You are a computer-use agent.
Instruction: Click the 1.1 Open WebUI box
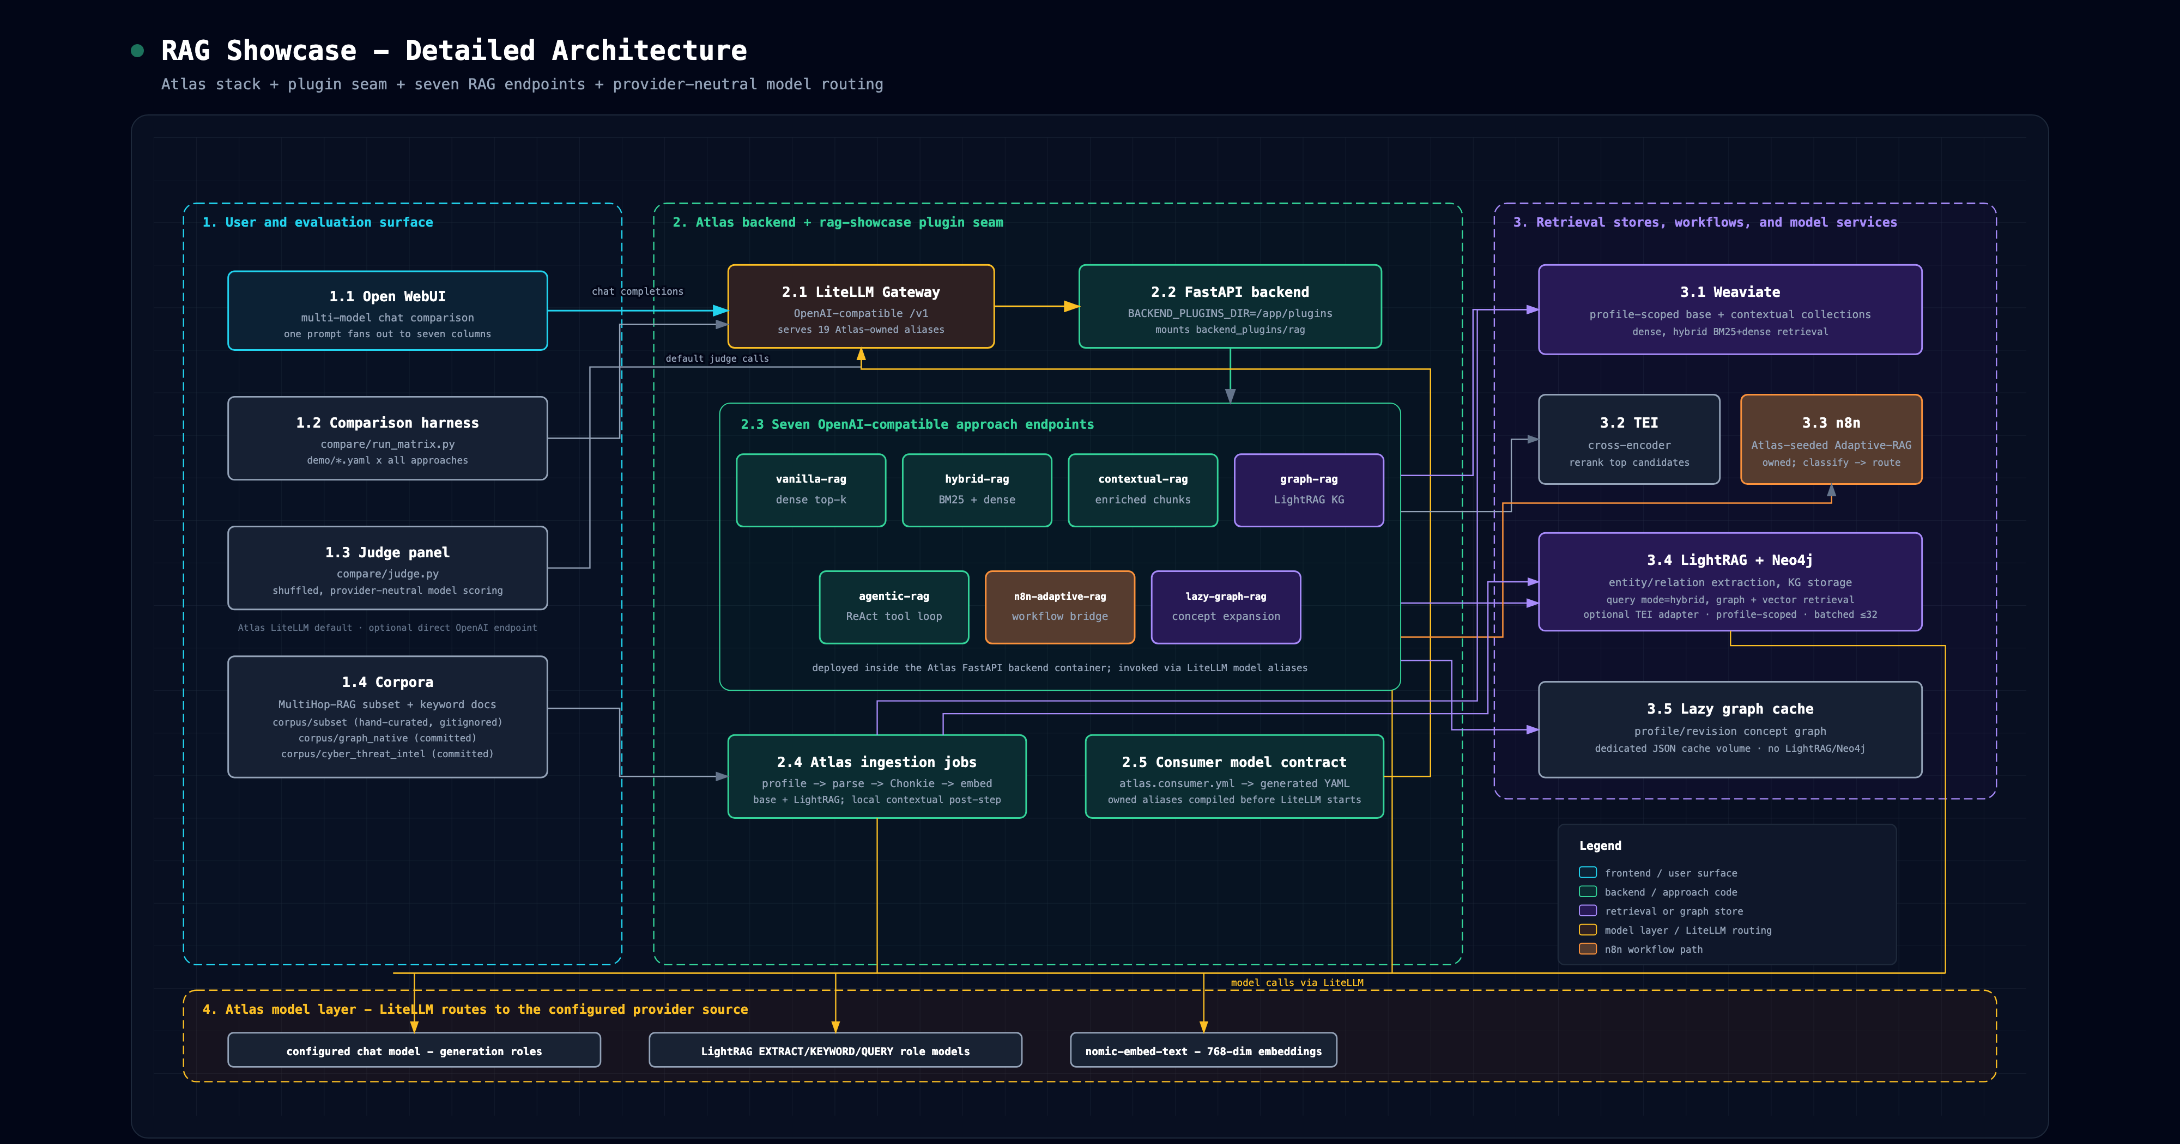click(387, 311)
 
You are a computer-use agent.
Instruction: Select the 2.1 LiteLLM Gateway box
click(861, 306)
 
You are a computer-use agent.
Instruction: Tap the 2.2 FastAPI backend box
click(1230, 306)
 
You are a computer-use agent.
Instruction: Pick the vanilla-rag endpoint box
click(811, 490)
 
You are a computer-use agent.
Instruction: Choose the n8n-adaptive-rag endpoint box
click(1059, 607)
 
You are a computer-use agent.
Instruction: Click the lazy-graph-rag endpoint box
click(1225, 607)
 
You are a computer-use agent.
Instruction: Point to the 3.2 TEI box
click(1629, 439)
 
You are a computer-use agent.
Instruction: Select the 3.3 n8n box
click(1831, 439)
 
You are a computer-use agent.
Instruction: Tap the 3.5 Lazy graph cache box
click(1730, 729)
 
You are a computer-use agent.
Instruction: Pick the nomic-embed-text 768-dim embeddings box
click(1203, 1050)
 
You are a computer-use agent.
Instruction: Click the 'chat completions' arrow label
click(637, 291)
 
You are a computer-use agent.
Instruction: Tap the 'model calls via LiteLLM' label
click(1297, 982)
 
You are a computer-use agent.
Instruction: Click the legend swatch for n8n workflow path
click(1588, 948)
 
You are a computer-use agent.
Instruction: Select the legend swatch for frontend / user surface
click(1588, 872)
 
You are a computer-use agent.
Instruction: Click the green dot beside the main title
click(137, 51)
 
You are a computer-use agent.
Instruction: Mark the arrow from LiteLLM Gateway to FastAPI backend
click(1037, 306)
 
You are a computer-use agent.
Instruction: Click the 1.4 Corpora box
click(387, 717)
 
